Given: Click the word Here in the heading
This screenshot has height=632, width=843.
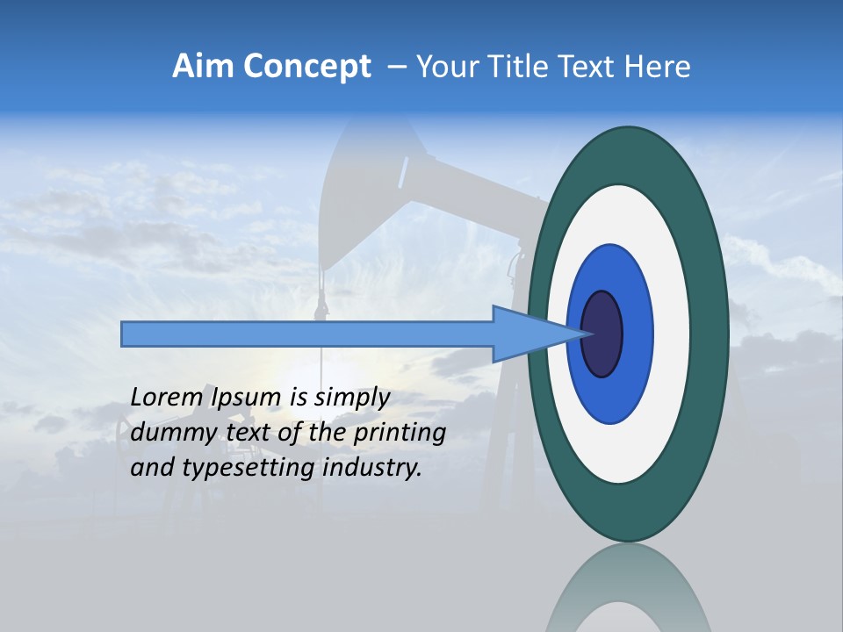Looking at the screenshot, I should point(656,67).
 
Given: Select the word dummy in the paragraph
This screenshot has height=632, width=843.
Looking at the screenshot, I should point(168,433).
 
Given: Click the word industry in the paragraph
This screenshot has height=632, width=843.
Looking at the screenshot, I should point(371,468).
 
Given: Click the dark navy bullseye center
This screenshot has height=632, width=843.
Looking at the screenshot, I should point(602,334).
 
